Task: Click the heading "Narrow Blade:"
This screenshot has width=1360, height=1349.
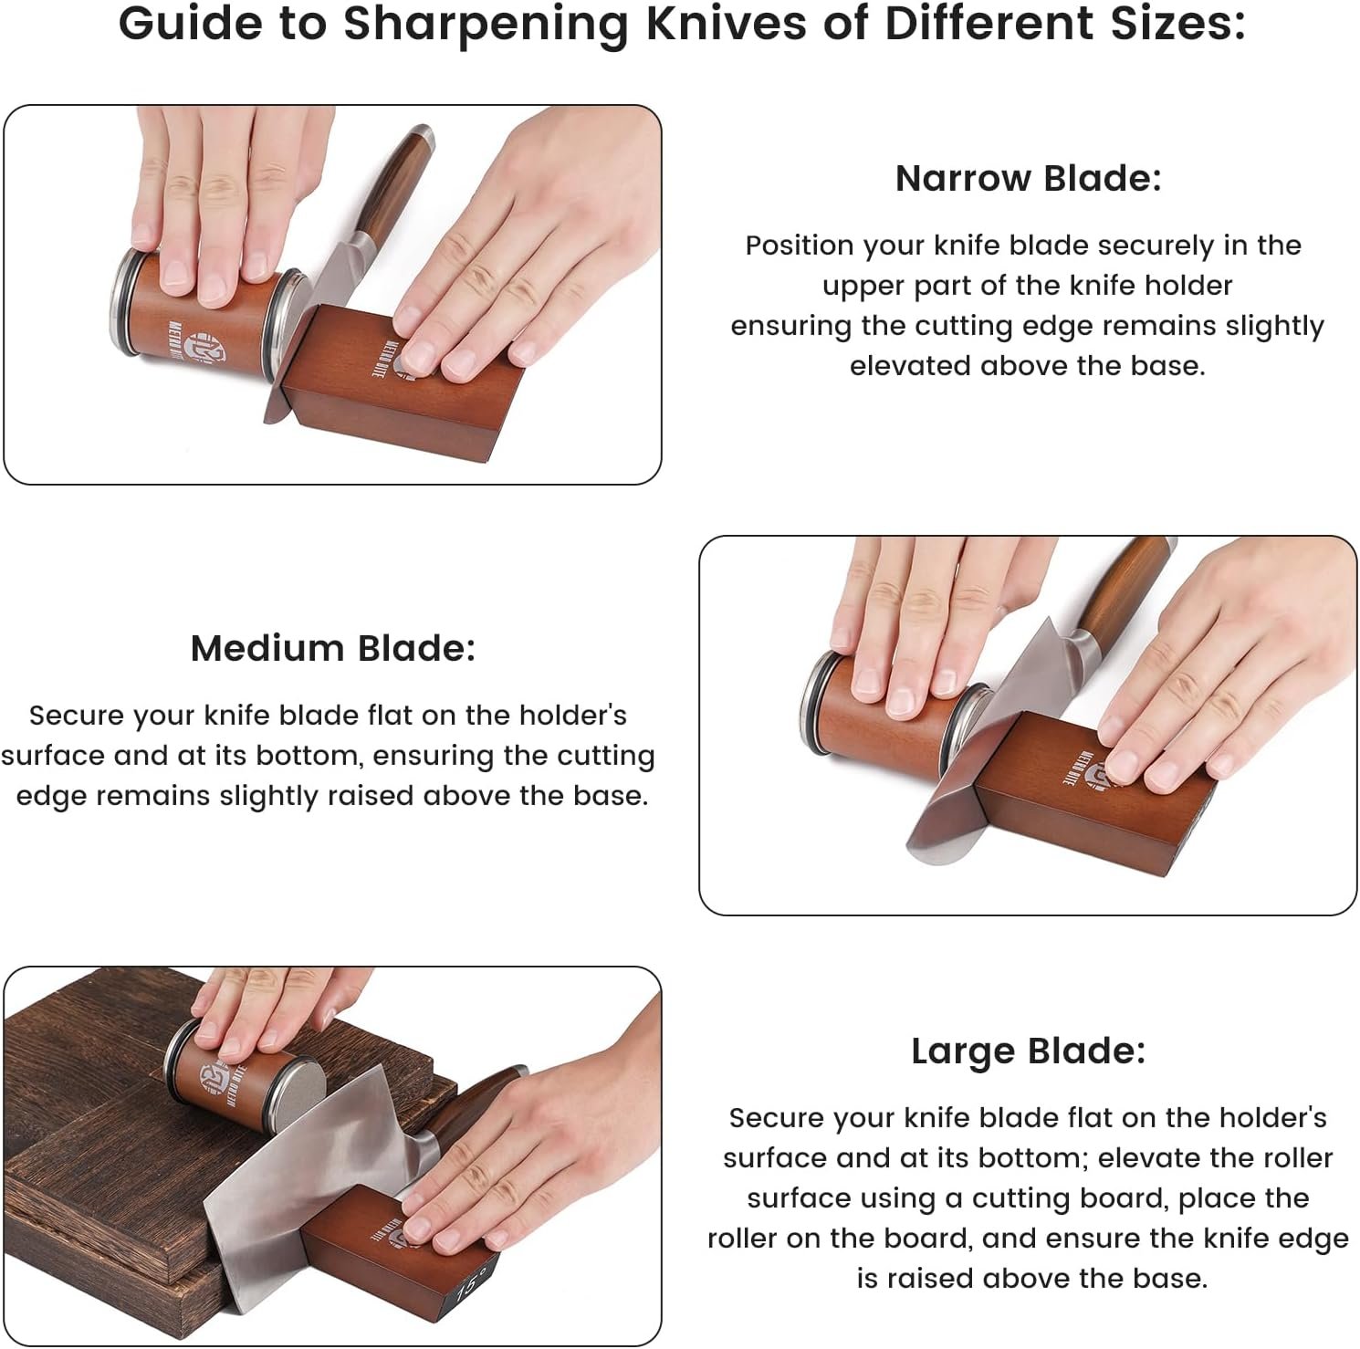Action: (1028, 178)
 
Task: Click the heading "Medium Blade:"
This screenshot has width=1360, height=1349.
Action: (333, 648)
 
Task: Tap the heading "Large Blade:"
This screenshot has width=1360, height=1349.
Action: (1028, 1051)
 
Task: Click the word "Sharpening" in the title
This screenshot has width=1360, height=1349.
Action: (486, 25)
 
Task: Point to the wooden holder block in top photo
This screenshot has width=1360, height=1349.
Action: (411, 383)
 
